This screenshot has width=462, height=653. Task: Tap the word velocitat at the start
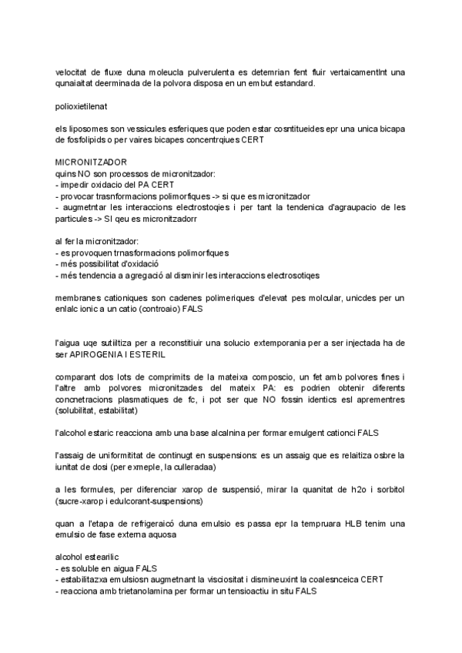[x=74, y=73]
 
